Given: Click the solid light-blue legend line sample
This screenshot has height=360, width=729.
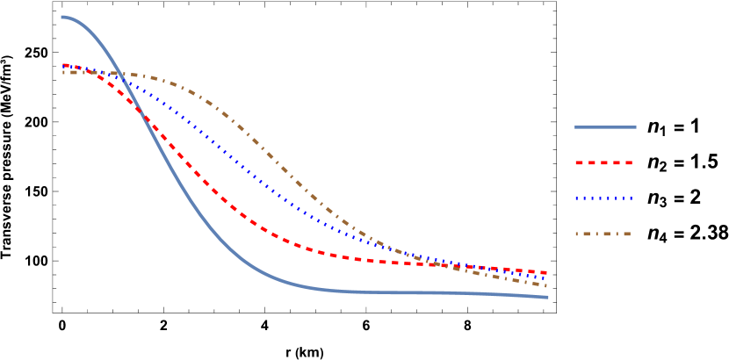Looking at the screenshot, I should click(x=605, y=127).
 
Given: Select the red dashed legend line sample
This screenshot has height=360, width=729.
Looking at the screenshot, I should click(x=604, y=162).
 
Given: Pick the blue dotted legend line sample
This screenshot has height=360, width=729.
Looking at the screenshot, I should click(x=604, y=198).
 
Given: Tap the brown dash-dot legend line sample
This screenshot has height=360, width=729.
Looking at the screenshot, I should click(x=604, y=234).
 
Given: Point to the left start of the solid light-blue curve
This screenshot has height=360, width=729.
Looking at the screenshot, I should click(x=61, y=17).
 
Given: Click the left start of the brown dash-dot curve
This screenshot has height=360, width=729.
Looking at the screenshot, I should click(x=63, y=72).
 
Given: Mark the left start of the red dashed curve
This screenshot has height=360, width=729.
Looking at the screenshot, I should click(x=63, y=65).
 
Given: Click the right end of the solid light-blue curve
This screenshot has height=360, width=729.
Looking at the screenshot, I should click(x=548, y=298).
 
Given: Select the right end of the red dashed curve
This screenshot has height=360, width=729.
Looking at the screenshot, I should click(x=547, y=273).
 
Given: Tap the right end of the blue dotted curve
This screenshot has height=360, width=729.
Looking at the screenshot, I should click(x=547, y=278).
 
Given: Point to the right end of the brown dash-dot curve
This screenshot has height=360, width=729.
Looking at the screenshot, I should click(x=547, y=286).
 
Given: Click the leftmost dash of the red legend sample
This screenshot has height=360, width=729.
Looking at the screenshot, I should click(x=580, y=162).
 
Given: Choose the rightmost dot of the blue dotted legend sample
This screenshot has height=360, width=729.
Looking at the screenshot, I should click(x=631, y=198).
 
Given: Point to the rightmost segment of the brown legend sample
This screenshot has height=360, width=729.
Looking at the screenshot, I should click(x=626, y=234).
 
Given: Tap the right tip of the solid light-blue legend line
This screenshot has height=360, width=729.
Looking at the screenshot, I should click(x=636, y=127).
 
